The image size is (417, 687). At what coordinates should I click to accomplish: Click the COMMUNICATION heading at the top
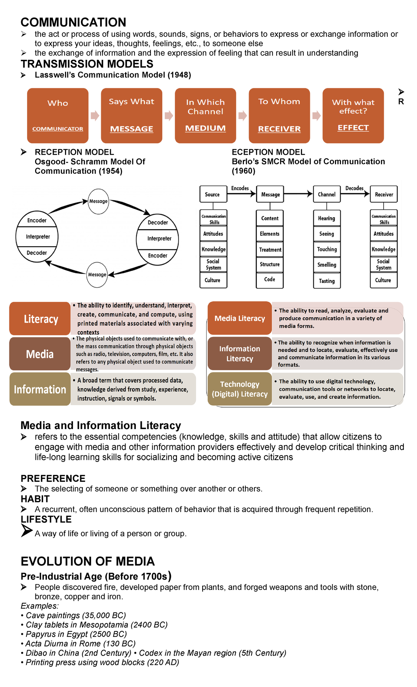(x=73, y=22)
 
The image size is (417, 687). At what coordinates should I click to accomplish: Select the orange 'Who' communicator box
(x=58, y=115)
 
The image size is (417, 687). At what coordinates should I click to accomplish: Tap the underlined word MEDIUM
(x=205, y=128)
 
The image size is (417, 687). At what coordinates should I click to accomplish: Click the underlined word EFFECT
(x=353, y=128)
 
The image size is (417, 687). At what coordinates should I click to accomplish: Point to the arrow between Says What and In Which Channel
(x=169, y=115)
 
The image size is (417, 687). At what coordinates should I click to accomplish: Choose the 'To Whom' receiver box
(x=279, y=115)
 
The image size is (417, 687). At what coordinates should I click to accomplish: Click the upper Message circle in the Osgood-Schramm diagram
(x=98, y=201)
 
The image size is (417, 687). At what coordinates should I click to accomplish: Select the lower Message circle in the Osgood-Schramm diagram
(x=97, y=275)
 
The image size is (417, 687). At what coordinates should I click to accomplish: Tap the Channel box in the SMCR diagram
(x=327, y=194)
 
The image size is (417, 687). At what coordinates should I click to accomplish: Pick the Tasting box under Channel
(x=327, y=281)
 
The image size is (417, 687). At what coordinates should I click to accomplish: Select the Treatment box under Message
(x=270, y=250)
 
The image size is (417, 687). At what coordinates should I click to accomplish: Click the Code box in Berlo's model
(x=270, y=280)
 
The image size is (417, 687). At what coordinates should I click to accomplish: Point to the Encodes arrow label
(x=240, y=188)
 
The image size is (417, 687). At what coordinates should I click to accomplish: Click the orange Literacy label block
(x=40, y=319)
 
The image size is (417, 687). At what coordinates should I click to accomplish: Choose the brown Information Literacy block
(x=239, y=354)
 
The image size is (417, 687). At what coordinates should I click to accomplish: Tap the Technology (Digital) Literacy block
(x=239, y=389)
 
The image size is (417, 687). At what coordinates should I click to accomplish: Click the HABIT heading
(x=35, y=499)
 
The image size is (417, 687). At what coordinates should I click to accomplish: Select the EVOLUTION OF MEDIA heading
(x=88, y=561)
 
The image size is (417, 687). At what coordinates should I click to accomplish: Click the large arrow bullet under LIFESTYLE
(x=26, y=530)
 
